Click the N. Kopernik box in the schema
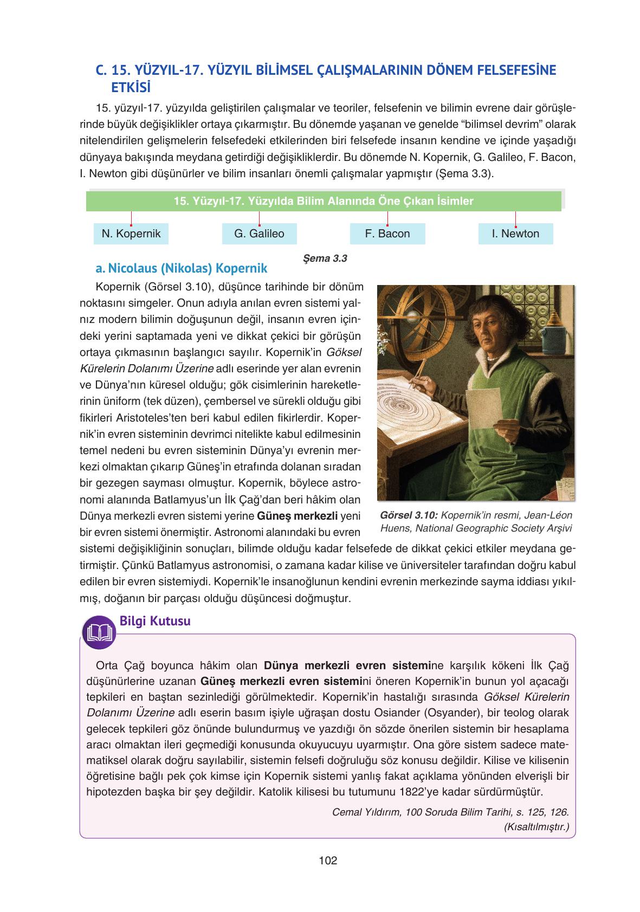pos(131,234)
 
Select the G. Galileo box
pos(259,234)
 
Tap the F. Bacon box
pos(387,234)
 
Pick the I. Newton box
pos(515,234)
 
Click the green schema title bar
pos(324,201)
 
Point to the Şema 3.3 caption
pos(326,258)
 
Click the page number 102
pos(328,860)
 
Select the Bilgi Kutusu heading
pos(154,621)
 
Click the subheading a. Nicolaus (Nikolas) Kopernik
pos(181,268)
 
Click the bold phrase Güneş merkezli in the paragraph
pos(298,515)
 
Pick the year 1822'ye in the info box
pos(420,791)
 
